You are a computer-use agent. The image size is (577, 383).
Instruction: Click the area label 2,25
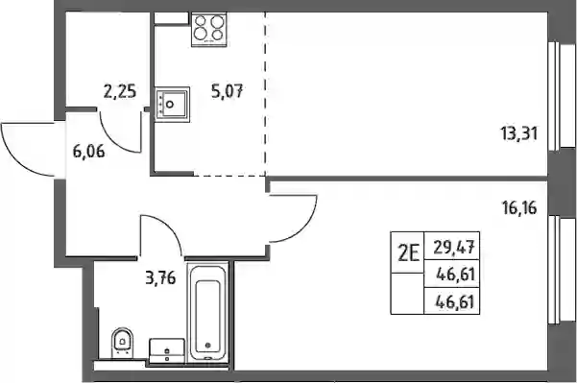120,91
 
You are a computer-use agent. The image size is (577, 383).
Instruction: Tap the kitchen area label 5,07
227,91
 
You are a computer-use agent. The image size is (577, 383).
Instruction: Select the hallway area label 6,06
88,152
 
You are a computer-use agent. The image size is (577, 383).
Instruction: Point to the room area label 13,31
518,133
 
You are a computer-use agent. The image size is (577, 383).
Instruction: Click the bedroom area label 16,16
519,208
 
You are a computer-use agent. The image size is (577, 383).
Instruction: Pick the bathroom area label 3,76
160,277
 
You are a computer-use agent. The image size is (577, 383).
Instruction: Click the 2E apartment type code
408,253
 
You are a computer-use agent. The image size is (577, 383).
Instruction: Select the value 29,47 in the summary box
454,247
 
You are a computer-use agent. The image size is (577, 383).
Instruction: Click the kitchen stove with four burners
209,29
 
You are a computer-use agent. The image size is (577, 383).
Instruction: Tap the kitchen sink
172,105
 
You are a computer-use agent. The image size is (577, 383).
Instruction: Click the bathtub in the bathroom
208,312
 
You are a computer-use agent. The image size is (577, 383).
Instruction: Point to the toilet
123,343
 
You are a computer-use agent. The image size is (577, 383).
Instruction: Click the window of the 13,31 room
562,96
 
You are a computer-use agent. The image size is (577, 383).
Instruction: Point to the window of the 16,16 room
562,270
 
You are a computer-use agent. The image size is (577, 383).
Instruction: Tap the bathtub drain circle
208,346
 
